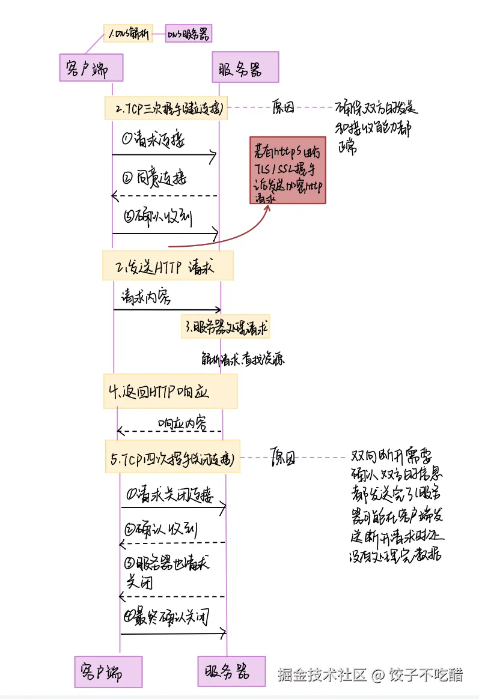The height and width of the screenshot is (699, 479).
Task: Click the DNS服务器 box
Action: tap(189, 34)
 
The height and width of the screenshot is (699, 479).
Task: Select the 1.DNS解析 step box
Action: tap(128, 34)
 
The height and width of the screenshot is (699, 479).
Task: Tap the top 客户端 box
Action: tap(91, 67)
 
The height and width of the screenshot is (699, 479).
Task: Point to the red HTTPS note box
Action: tap(288, 170)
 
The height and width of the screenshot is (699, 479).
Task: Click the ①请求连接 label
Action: tap(154, 140)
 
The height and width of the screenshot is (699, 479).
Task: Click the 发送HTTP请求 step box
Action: tap(168, 265)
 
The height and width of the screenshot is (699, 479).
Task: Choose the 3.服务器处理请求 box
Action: tap(225, 327)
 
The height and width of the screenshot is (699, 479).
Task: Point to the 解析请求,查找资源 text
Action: tap(243, 359)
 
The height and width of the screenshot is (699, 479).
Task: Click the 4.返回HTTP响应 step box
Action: tap(170, 392)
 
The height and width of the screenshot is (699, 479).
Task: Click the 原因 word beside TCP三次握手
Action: tap(283, 107)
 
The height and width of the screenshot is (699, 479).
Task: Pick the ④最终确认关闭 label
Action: tap(166, 617)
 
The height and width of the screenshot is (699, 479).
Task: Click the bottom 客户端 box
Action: tap(108, 671)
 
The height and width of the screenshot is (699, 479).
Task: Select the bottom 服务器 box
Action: tap(231, 671)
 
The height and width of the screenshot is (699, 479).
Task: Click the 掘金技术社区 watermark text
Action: tap(322, 674)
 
